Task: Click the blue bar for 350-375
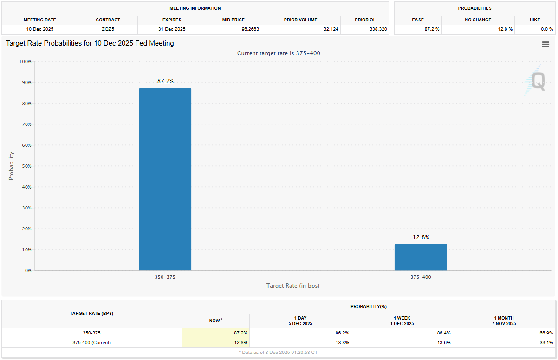[x=165, y=179]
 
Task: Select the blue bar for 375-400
[x=420, y=257]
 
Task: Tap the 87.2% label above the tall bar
[x=165, y=81]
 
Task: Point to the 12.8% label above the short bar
[x=421, y=237]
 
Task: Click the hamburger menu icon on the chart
[x=545, y=44]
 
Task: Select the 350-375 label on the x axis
[x=165, y=277]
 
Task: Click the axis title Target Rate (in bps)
[x=292, y=285]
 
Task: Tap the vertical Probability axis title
[x=11, y=166]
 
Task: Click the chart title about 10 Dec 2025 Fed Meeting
[x=90, y=43]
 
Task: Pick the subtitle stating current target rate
[x=279, y=53]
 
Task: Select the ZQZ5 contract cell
[x=108, y=29]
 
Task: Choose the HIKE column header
[x=534, y=20]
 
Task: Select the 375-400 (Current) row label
[x=91, y=343]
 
